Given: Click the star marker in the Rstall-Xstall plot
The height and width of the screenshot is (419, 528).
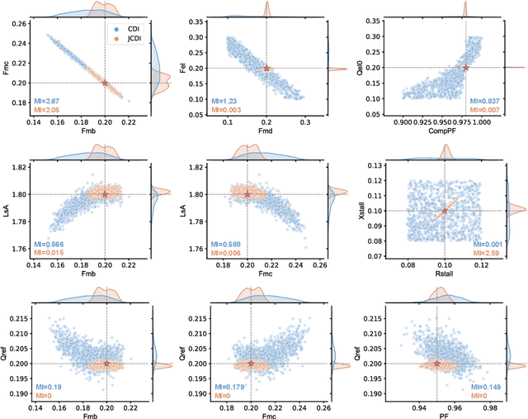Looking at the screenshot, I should point(445,211).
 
